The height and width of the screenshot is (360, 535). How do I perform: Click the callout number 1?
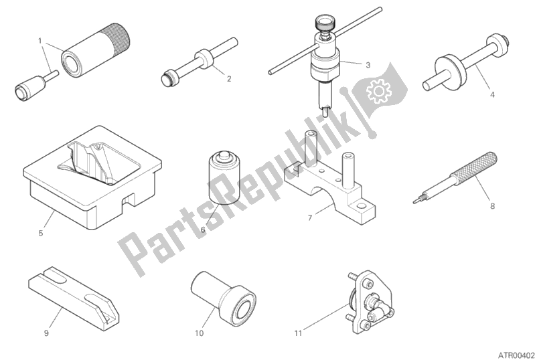pos(40,41)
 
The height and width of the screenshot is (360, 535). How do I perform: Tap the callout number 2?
pos(229,79)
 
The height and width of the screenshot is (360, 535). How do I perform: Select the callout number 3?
pos(368,65)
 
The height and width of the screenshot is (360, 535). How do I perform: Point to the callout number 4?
pos(492,94)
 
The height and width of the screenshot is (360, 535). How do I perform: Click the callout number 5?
pos(41,233)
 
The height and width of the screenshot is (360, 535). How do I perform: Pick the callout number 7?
pos(310,217)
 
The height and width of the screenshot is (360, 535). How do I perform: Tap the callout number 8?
pos(492,206)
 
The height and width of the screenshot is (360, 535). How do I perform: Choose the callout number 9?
pos(46,333)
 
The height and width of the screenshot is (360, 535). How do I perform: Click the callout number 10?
pos(199,333)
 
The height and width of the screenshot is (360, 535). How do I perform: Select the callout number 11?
pos(298,333)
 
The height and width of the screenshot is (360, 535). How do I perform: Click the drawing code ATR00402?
pos(514,355)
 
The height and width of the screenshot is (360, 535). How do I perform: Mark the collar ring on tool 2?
pos(203,59)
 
